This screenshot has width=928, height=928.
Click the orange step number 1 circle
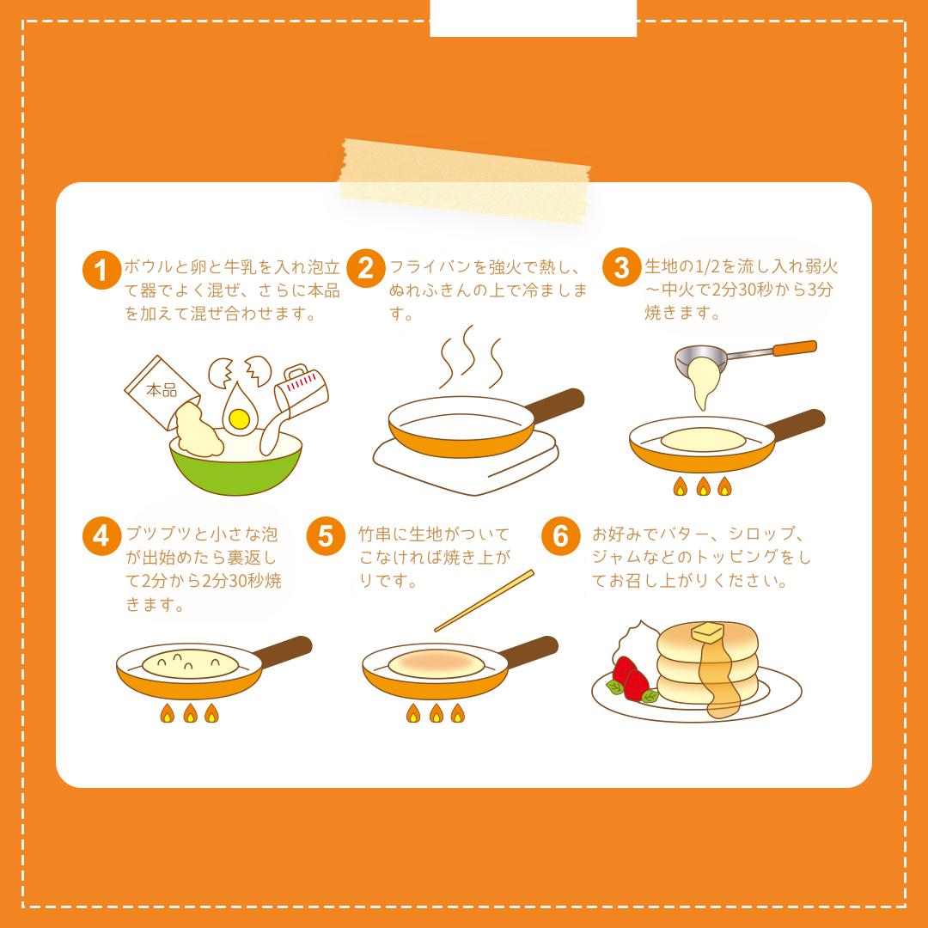[x=101, y=271]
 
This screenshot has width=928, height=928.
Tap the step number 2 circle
[x=366, y=268]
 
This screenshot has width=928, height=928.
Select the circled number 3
[x=622, y=267]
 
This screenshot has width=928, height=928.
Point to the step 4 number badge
[x=101, y=536]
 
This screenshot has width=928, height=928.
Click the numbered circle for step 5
[x=326, y=536]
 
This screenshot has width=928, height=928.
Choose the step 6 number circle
[x=560, y=536]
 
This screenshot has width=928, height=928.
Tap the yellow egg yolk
[x=239, y=419]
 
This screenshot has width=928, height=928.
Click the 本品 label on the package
[x=162, y=391]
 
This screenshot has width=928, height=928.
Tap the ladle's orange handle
[x=795, y=349]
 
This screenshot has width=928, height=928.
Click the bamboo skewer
[x=484, y=601]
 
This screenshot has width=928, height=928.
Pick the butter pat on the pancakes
[x=708, y=632]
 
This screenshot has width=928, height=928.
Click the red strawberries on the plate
[x=630, y=678]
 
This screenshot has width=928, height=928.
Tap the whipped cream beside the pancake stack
[x=636, y=640]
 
